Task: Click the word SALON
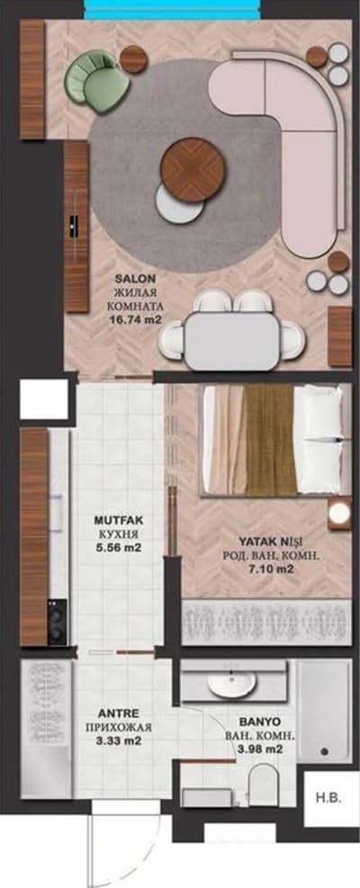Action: [x=134, y=279]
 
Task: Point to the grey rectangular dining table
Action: [x=232, y=340]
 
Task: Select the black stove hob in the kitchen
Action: [x=58, y=622]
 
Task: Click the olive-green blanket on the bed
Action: [x=270, y=440]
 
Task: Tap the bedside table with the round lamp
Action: [x=339, y=514]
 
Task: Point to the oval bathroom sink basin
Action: [x=231, y=685]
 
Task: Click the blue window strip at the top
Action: [x=174, y=10]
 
